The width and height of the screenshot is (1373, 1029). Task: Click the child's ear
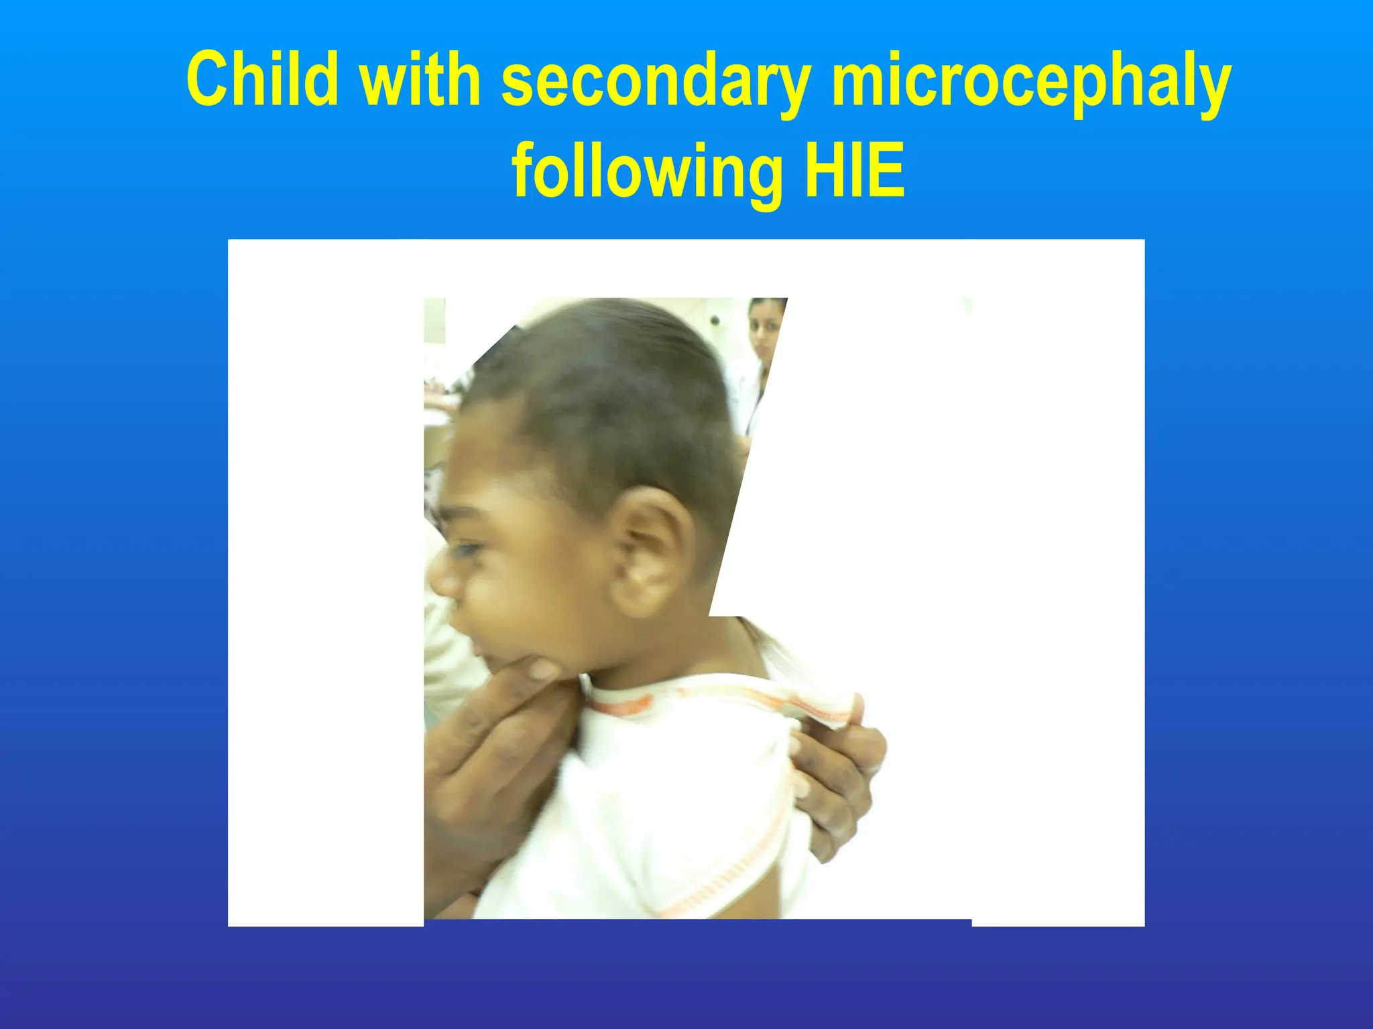click(649, 549)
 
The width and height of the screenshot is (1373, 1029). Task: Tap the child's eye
click(467, 551)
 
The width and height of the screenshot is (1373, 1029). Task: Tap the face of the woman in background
click(764, 332)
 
